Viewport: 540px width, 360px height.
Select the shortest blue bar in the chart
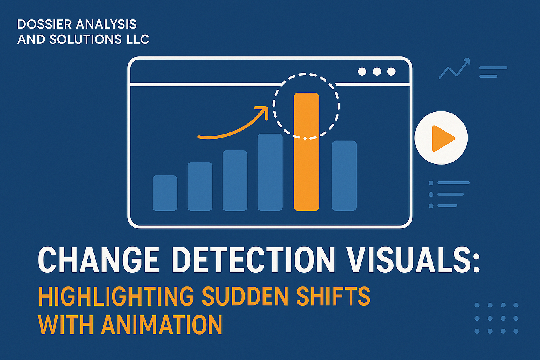point(165,193)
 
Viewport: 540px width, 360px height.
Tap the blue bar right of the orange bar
point(344,175)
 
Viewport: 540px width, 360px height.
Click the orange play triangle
point(441,138)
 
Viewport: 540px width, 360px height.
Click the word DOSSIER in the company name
point(44,25)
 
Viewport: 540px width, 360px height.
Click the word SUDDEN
point(245,296)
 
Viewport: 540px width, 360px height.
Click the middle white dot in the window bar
point(377,72)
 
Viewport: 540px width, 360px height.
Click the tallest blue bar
point(270,172)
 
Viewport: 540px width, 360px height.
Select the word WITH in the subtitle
point(66,325)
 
